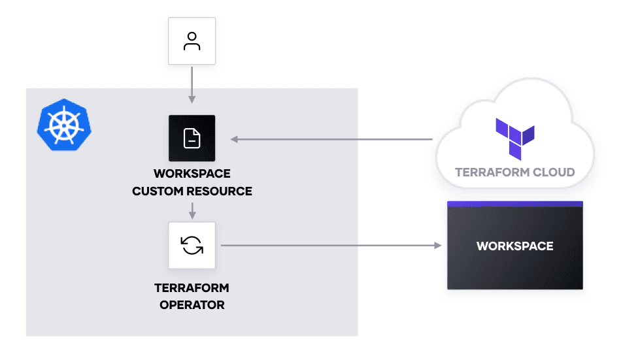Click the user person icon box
[x=192, y=41]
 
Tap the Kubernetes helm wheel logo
[x=64, y=124]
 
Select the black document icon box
[x=192, y=139]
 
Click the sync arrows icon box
[x=192, y=246]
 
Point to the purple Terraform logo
[x=514, y=139]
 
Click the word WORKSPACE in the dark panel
[x=514, y=246]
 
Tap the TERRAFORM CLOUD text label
[x=514, y=172]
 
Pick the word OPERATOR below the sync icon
[x=192, y=304]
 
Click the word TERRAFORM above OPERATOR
[x=192, y=287]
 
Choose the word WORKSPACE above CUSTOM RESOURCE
[x=192, y=174]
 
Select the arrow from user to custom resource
[x=192, y=84]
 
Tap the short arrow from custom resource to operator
[x=192, y=211]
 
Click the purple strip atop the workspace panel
[x=514, y=204]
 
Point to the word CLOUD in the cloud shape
[x=550, y=172]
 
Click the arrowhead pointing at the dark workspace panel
[x=439, y=246]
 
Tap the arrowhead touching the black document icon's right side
[x=234, y=139]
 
